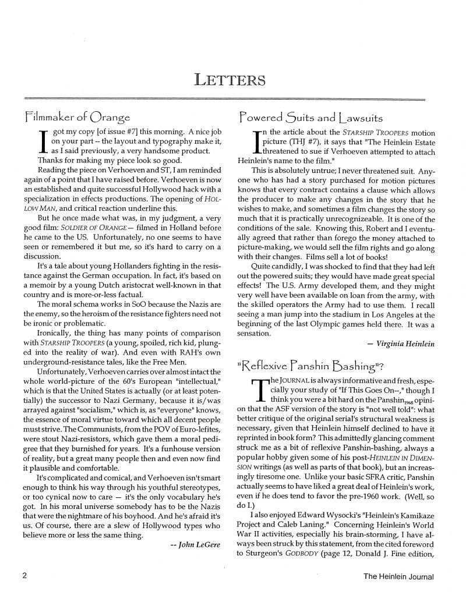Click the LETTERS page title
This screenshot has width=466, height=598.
pyautogui.click(x=233, y=79)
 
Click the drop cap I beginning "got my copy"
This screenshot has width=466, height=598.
pyautogui.click(x=41, y=143)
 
